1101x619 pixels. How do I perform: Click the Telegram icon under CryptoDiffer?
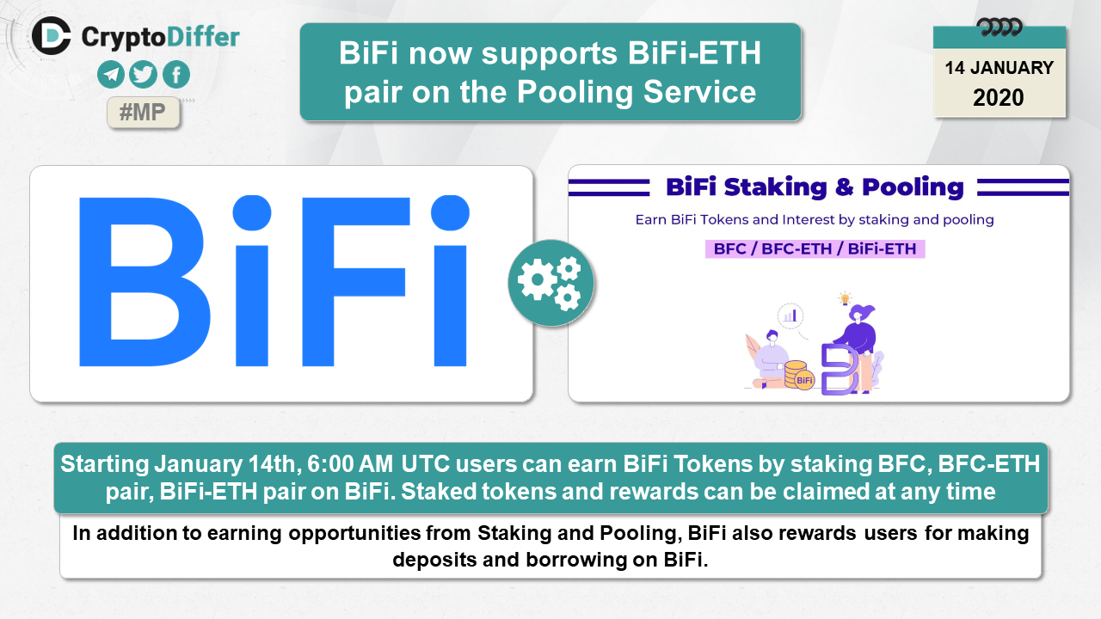(x=111, y=75)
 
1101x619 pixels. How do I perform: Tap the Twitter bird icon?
(x=143, y=75)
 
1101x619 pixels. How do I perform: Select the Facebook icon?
(x=176, y=75)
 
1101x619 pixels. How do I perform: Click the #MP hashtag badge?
(x=143, y=113)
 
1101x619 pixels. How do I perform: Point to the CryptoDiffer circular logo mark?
(x=51, y=36)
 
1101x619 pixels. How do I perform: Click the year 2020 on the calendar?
(x=999, y=98)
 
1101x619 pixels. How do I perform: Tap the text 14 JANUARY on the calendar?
(x=1000, y=68)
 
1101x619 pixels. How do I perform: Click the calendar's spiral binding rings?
(x=1000, y=27)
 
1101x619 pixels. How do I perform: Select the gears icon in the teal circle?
(x=550, y=283)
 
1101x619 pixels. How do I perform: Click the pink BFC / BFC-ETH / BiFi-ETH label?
(x=815, y=249)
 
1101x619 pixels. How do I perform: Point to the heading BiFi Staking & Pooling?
(x=815, y=187)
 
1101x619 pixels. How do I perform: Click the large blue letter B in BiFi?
(x=145, y=282)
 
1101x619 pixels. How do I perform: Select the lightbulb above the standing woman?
(x=845, y=298)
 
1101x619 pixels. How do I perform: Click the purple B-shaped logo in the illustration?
(x=840, y=370)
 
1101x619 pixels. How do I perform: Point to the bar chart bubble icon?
(x=790, y=316)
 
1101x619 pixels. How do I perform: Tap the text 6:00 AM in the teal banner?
(x=350, y=464)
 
